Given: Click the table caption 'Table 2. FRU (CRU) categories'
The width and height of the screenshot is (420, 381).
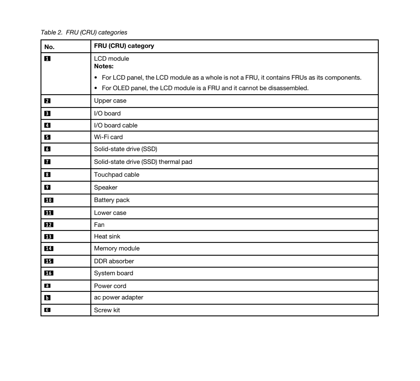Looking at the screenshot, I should click(84, 32).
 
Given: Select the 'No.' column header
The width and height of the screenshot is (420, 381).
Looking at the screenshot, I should click(49, 47).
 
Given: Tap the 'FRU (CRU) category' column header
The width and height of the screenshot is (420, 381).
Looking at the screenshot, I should click(124, 46).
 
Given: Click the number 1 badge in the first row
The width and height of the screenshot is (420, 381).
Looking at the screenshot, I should click(47, 59).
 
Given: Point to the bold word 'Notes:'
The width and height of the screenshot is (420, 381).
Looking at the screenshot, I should click(104, 66).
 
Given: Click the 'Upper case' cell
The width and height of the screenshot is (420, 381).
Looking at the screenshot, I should click(110, 101).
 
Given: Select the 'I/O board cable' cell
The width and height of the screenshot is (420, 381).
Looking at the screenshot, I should click(116, 125).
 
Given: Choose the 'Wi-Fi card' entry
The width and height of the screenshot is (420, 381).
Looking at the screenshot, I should click(108, 137).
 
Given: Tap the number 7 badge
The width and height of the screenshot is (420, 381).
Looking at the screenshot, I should click(47, 162).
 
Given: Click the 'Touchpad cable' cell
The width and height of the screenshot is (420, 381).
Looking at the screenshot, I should click(116, 175).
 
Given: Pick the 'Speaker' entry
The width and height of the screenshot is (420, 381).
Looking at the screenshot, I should click(106, 187).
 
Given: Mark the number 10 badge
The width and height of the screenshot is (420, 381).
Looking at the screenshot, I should click(49, 200).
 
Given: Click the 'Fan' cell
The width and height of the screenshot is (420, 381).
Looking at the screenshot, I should click(99, 225).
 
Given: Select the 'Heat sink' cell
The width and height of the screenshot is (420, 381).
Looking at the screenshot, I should click(107, 236).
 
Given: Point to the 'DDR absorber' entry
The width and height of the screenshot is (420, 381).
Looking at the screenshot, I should click(114, 261).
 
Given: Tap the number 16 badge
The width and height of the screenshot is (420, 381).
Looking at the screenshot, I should click(49, 273).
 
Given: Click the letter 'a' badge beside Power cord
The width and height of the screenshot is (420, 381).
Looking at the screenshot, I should click(47, 286).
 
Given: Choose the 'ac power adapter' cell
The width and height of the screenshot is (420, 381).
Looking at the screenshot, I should click(118, 297).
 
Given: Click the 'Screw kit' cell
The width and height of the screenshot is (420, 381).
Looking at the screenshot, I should click(107, 310).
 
